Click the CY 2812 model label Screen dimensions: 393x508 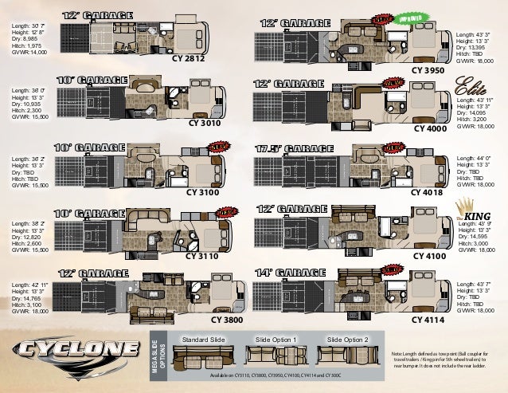point(188,59)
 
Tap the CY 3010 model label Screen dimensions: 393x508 point(205,125)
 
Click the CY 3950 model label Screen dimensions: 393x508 point(428,71)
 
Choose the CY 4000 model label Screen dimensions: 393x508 point(430,129)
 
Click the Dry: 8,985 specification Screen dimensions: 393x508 point(25,38)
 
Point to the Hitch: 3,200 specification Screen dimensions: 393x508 point(473,120)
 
